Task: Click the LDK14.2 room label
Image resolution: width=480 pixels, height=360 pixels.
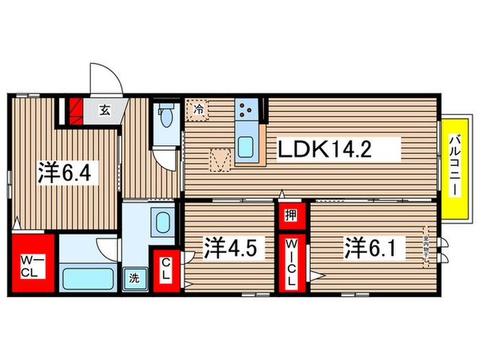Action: [x=324, y=149]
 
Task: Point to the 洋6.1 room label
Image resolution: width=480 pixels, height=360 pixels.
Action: [x=371, y=247]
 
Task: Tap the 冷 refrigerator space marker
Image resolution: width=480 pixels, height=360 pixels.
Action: [x=198, y=108]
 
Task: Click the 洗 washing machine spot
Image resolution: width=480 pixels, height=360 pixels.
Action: [x=134, y=279]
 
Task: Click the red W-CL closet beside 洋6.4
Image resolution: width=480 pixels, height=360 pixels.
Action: [x=32, y=263]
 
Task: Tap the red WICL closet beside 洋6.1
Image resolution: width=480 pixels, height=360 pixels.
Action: [x=291, y=263]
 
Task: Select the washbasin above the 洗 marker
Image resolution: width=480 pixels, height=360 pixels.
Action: [x=163, y=222]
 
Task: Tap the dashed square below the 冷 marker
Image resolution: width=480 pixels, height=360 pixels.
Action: [x=220, y=160]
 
